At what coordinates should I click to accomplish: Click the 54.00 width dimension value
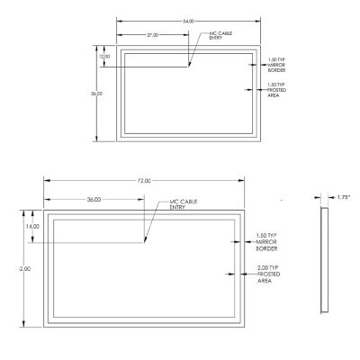[x=188, y=20]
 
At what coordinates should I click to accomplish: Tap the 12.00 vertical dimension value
[x=105, y=57]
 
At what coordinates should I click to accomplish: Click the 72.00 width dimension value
[x=143, y=182]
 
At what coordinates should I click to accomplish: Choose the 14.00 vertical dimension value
[x=32, y=227]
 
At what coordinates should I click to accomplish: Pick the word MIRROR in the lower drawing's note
[x=267, y=242]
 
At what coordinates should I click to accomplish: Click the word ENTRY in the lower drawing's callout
[x=177, y=208]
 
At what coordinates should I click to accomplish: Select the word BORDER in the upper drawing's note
[x=277, y=69]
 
